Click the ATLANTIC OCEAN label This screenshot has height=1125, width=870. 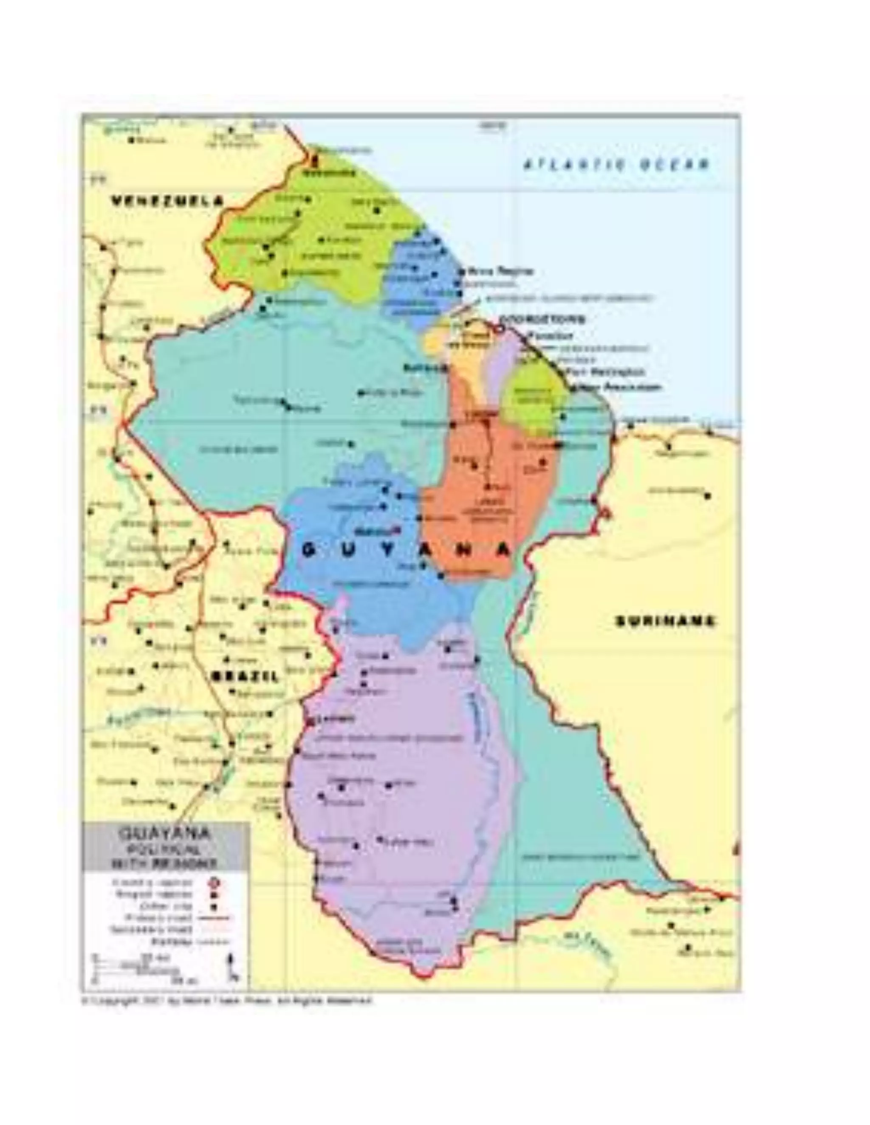[x=616, y=165]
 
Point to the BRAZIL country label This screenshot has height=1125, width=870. [x=246, y=676]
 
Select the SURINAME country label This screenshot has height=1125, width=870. [x=665, y=621]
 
